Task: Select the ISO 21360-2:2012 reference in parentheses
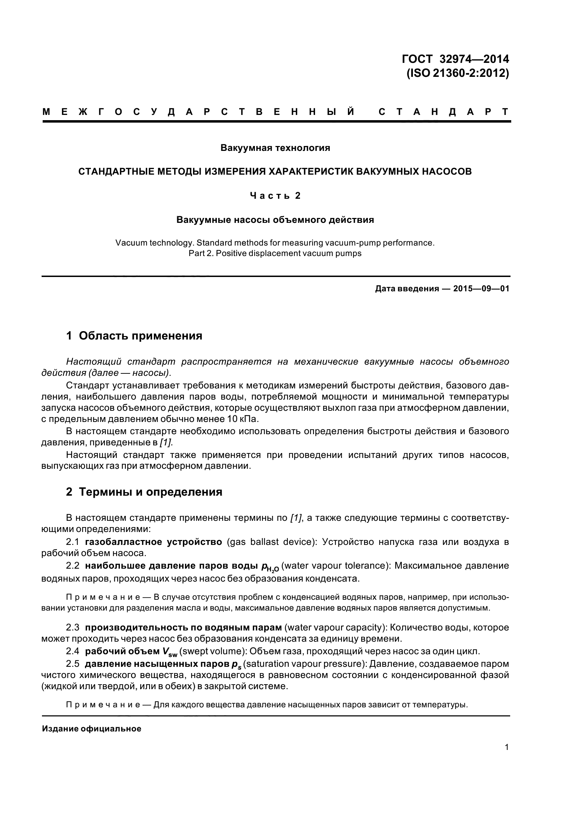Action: (458, 73)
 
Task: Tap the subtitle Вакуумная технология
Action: (275, 148)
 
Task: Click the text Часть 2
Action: (275, 196)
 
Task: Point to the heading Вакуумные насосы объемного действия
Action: (275, 220)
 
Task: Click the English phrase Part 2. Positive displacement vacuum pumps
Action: (275, 253)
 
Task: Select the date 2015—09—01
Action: (481, 289)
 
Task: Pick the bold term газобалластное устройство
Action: (154, 542)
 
